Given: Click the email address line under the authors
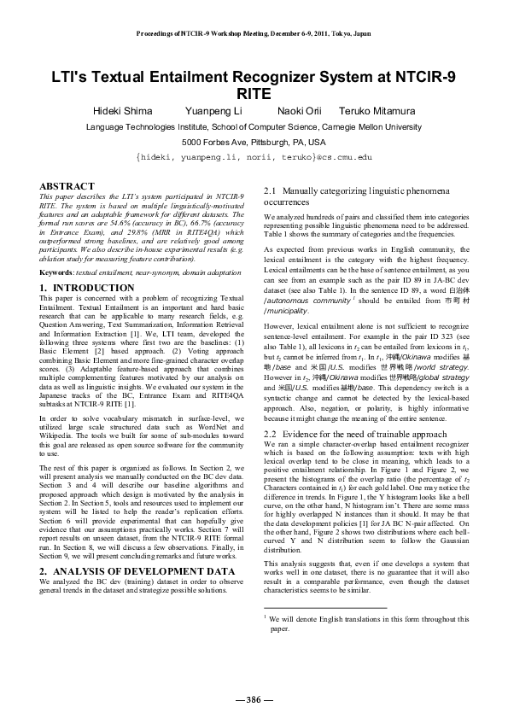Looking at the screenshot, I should [x=254, y=158].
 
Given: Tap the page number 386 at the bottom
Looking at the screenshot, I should [x=254, y=699].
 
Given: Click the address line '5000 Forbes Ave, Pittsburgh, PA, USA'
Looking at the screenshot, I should [x=254, y=142].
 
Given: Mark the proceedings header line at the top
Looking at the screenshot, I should [x=254, y=35].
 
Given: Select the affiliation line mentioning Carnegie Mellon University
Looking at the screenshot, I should [x=254, y=126].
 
